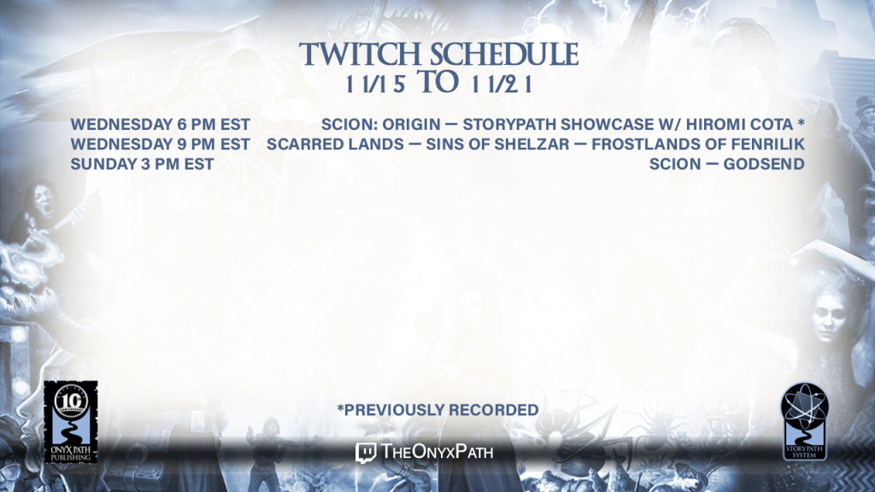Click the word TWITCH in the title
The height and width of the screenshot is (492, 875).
point(360,54)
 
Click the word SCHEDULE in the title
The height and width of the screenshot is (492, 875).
point(504,54)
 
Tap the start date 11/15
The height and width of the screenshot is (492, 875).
point(375,85)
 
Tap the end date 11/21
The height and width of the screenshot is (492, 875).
point(501,85)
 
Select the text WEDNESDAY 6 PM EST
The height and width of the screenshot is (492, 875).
point(160,124)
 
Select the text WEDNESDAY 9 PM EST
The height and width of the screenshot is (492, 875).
point(160,143)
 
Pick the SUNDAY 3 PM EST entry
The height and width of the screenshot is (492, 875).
point(143,164)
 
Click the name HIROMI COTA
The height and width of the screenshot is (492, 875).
point(739,124)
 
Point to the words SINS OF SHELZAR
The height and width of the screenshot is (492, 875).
point(498,143)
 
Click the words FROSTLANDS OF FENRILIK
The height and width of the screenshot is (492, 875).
point(698,143)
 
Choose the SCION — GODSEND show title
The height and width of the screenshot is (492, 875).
point(726,164)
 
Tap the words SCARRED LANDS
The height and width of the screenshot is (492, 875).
point(335,143)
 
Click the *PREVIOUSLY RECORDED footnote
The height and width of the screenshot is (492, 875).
point(437,410)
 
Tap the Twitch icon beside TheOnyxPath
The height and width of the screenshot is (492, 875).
point(366,453)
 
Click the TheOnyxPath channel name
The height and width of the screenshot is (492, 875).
point(437,452)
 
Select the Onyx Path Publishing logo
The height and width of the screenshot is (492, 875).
point(71,422)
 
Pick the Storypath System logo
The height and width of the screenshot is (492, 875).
point(804,421)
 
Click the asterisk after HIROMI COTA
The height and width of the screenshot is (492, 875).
point(801,121)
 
